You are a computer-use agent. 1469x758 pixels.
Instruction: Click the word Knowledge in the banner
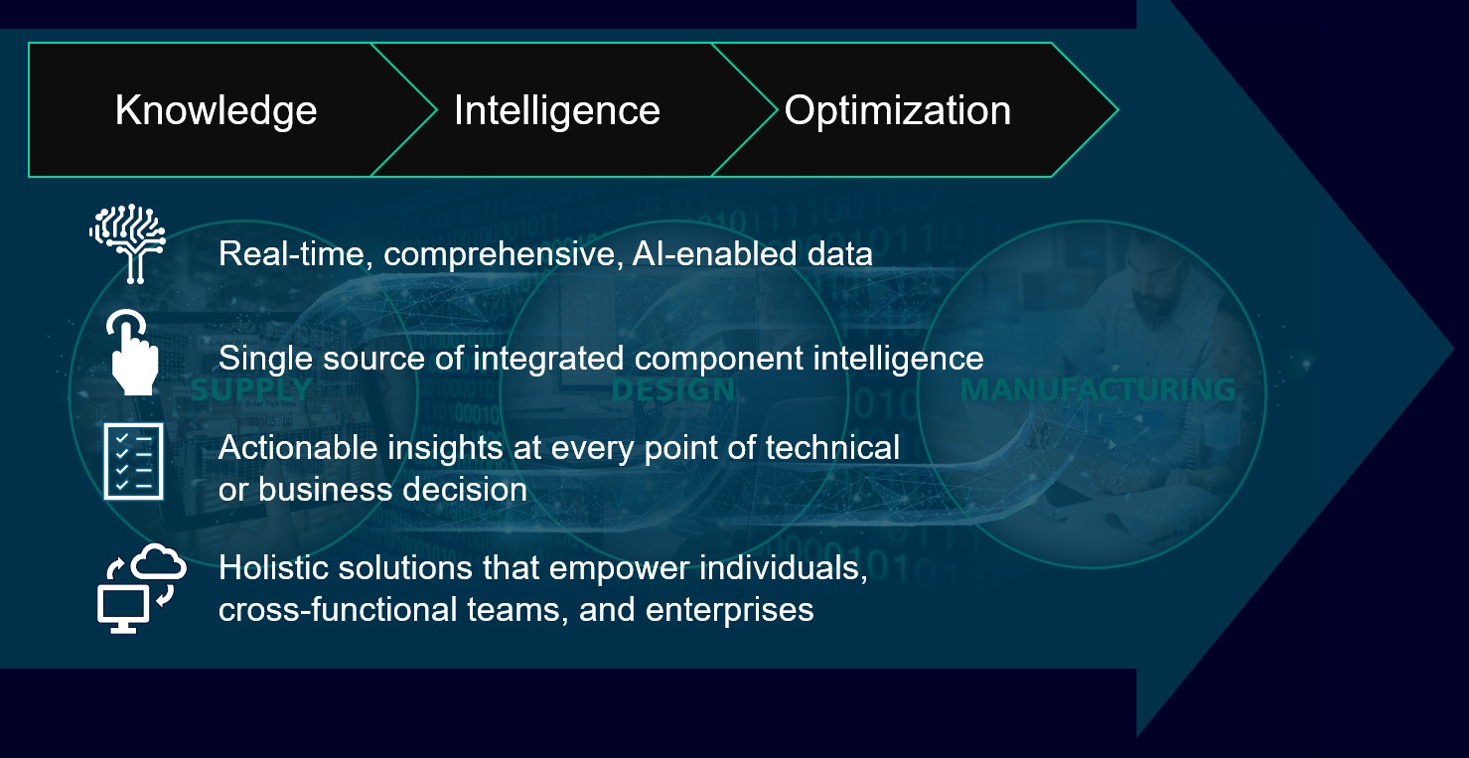(x=216, y=111)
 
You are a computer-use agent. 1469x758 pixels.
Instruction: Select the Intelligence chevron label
(x=557, y=111)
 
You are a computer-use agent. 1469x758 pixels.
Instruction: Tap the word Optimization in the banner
(x=897, y=111)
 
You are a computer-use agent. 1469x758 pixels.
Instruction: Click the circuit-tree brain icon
(x=128, y=243)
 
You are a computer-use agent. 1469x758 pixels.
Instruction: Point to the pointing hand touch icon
(x=132, y=352)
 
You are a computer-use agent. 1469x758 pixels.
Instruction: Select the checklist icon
(x=134, y=461)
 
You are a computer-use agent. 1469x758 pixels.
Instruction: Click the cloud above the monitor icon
(x=159, y=561)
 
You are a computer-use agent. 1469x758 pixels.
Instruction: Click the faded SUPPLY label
(x=252, y=389)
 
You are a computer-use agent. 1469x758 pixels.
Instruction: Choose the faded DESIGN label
(x=672, y=389)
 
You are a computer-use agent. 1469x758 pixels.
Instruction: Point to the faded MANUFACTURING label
(x=1098, y=389)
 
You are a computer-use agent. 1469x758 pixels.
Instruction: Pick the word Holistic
(x=273, y=567)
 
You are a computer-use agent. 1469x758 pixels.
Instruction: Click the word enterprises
(x=730, y=610)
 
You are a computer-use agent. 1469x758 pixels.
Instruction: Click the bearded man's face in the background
(x=1155, y=288)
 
